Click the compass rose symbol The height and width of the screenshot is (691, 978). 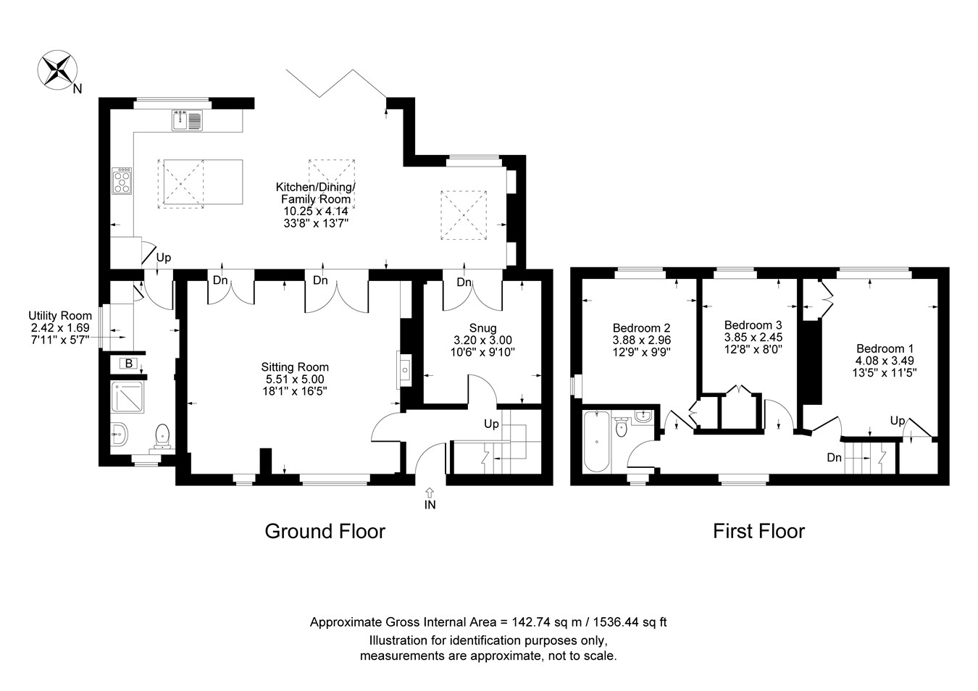[x=58, y=70]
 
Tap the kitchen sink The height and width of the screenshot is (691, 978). [x=188, y=120]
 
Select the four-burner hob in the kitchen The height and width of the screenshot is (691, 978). [x=122, y=180]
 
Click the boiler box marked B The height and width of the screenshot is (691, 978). [x=128, y=363]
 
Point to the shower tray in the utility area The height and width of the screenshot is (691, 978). [x=128, y=397]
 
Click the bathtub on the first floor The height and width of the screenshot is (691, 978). [x=596, y=441]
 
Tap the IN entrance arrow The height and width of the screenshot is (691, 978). [x=430, y=492]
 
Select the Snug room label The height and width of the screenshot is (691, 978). [x=483, y=328]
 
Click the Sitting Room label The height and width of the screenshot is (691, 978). [x=295, y=367]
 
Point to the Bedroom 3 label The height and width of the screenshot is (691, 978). [x=753, y=324]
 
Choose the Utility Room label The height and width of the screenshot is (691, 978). [x=60, y=316]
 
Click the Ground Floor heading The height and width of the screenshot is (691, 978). [x=325, y=532]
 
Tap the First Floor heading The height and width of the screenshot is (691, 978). [x=758, y=532]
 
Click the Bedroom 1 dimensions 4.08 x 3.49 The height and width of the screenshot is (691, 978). [x=885, y=361]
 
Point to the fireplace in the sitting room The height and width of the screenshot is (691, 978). [x=404, y=369]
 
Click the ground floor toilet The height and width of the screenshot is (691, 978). [x=162, y=436]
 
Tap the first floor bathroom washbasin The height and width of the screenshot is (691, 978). [x=643, y=416]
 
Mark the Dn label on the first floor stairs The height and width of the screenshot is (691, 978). [x=835, y=458]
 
